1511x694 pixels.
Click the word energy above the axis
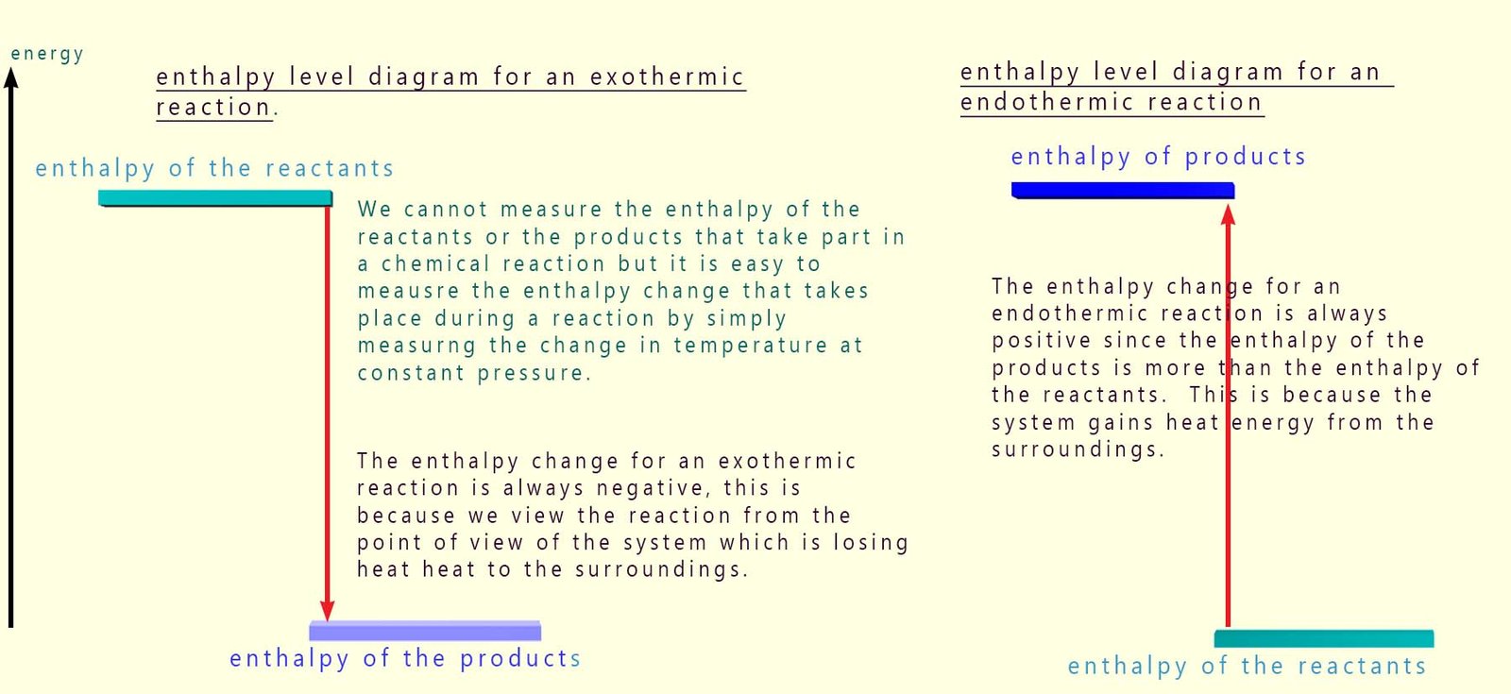click(x=46, y=54)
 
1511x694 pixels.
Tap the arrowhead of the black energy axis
click(x=11, y=76)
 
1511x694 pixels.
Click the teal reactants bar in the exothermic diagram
click(x=215, y=198)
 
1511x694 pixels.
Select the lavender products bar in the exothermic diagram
click(x=425, y=631)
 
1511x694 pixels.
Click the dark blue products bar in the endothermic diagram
click(x=1122, y=190)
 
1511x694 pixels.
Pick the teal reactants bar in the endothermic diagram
click(x=1324, y=639)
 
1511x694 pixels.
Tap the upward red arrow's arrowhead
click(x=1228, y=215)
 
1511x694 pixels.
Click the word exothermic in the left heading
click(x=668, y=76)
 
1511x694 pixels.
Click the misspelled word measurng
click(x=416, y=346)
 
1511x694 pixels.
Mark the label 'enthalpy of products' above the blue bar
click(x=1158, y=157)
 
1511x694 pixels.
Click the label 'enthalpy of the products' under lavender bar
click(x=405, y=658)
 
